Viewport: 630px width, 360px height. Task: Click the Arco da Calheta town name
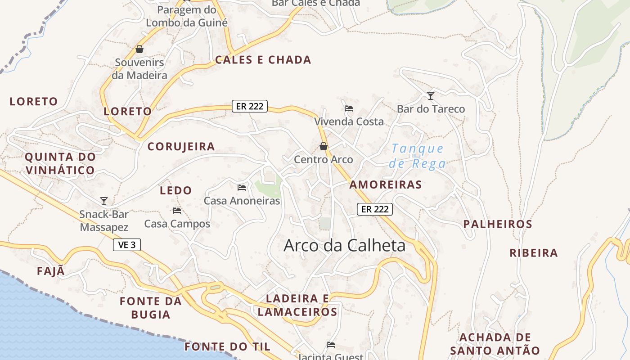(344, 245)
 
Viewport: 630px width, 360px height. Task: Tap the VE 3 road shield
(127, 245)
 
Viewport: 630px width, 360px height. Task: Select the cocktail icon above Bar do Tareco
(431, 95)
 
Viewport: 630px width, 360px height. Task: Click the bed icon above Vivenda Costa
(349, 108)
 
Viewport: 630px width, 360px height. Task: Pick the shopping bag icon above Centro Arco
(323, 146)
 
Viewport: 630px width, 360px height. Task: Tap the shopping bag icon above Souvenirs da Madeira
(139, 49)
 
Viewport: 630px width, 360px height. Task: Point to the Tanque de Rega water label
(418, 156)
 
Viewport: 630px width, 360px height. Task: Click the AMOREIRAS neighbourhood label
(386, 184)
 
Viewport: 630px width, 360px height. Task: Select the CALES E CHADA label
(263, 60)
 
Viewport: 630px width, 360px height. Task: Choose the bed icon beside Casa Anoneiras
(242, 187)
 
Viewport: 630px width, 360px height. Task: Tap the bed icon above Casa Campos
(177, 210)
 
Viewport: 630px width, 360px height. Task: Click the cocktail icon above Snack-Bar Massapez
(104, 201)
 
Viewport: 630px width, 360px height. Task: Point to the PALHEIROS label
(498, 224)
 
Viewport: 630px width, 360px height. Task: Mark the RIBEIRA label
(534, 253)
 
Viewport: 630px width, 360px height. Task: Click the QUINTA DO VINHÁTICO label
(60, 164)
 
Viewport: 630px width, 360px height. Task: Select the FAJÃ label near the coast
(51, 271)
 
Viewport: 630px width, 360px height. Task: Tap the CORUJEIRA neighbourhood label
(181, 147)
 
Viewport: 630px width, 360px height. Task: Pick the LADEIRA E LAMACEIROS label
(297, 305)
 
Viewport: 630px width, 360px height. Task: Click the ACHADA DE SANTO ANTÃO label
(495, 344)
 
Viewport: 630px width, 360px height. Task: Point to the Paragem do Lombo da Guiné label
(187, 16)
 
